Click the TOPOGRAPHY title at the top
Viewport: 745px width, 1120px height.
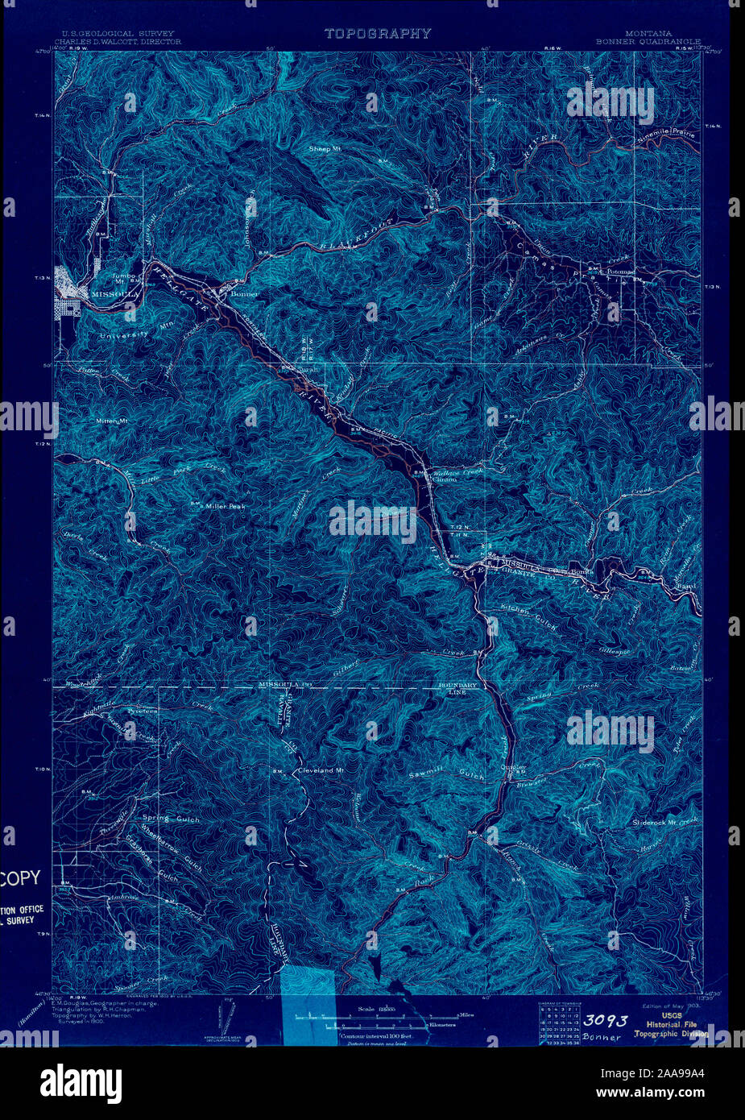click(x=378, y=34)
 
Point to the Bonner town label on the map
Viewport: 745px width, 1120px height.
click(x=244, y=295)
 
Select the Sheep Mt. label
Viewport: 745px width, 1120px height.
click(x=325, y=149)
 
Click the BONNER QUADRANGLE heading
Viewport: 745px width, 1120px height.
click(x=648, y=41)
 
